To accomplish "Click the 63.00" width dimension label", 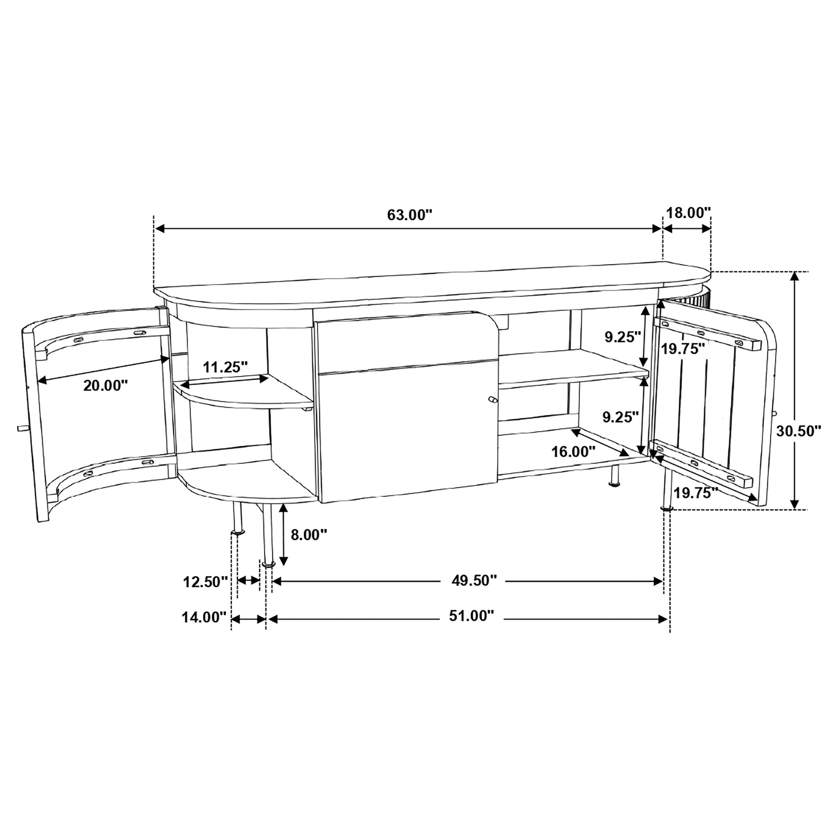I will [410, 215].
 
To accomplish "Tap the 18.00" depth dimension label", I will [689, 213].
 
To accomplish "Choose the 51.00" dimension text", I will [472, 616].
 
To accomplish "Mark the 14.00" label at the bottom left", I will [204, 617].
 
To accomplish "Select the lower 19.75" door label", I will [696, 493].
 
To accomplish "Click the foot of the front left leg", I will [268, 564].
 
